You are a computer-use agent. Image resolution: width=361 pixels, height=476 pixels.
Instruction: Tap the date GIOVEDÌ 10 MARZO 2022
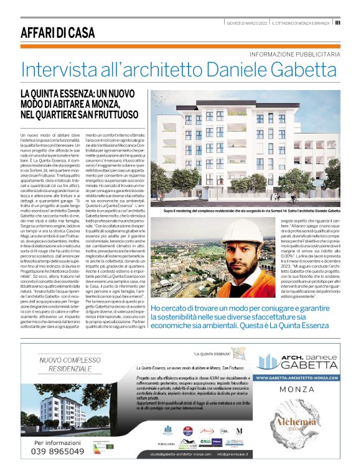click(247, 22)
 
